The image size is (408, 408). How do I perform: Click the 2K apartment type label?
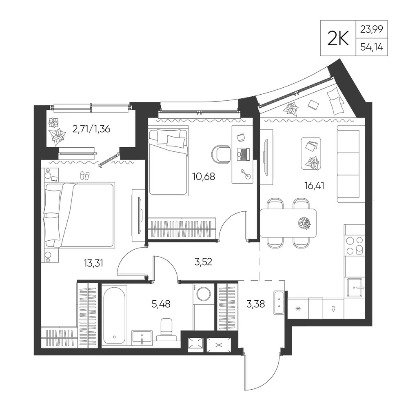click(x=338, y=38)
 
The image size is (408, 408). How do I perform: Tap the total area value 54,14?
click(x=372, y=47)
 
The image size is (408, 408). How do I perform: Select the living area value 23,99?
click(x=372, y=29)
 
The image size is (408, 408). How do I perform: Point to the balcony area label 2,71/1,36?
click(x=91, y=129)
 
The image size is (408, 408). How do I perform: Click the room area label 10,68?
click(x=204, y=176)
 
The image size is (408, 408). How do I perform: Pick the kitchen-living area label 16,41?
click(x=314, y=186)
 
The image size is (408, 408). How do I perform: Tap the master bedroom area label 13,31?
click(x=93, y=263)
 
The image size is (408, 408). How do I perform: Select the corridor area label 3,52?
click(x=203, y=262)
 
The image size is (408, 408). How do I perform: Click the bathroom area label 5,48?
click(x=161, y=304)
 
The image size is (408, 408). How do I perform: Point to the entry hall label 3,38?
click(x=255, y=304)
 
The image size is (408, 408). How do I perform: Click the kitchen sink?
click(x=354, y=288)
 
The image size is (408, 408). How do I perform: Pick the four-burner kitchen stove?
click(x=355, y=245)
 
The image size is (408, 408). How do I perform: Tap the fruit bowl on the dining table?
click(x=304, y=223)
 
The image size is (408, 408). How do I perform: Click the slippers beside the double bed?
click(x=84, y=175)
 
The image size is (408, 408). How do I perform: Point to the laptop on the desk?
click(x=243, y=154)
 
